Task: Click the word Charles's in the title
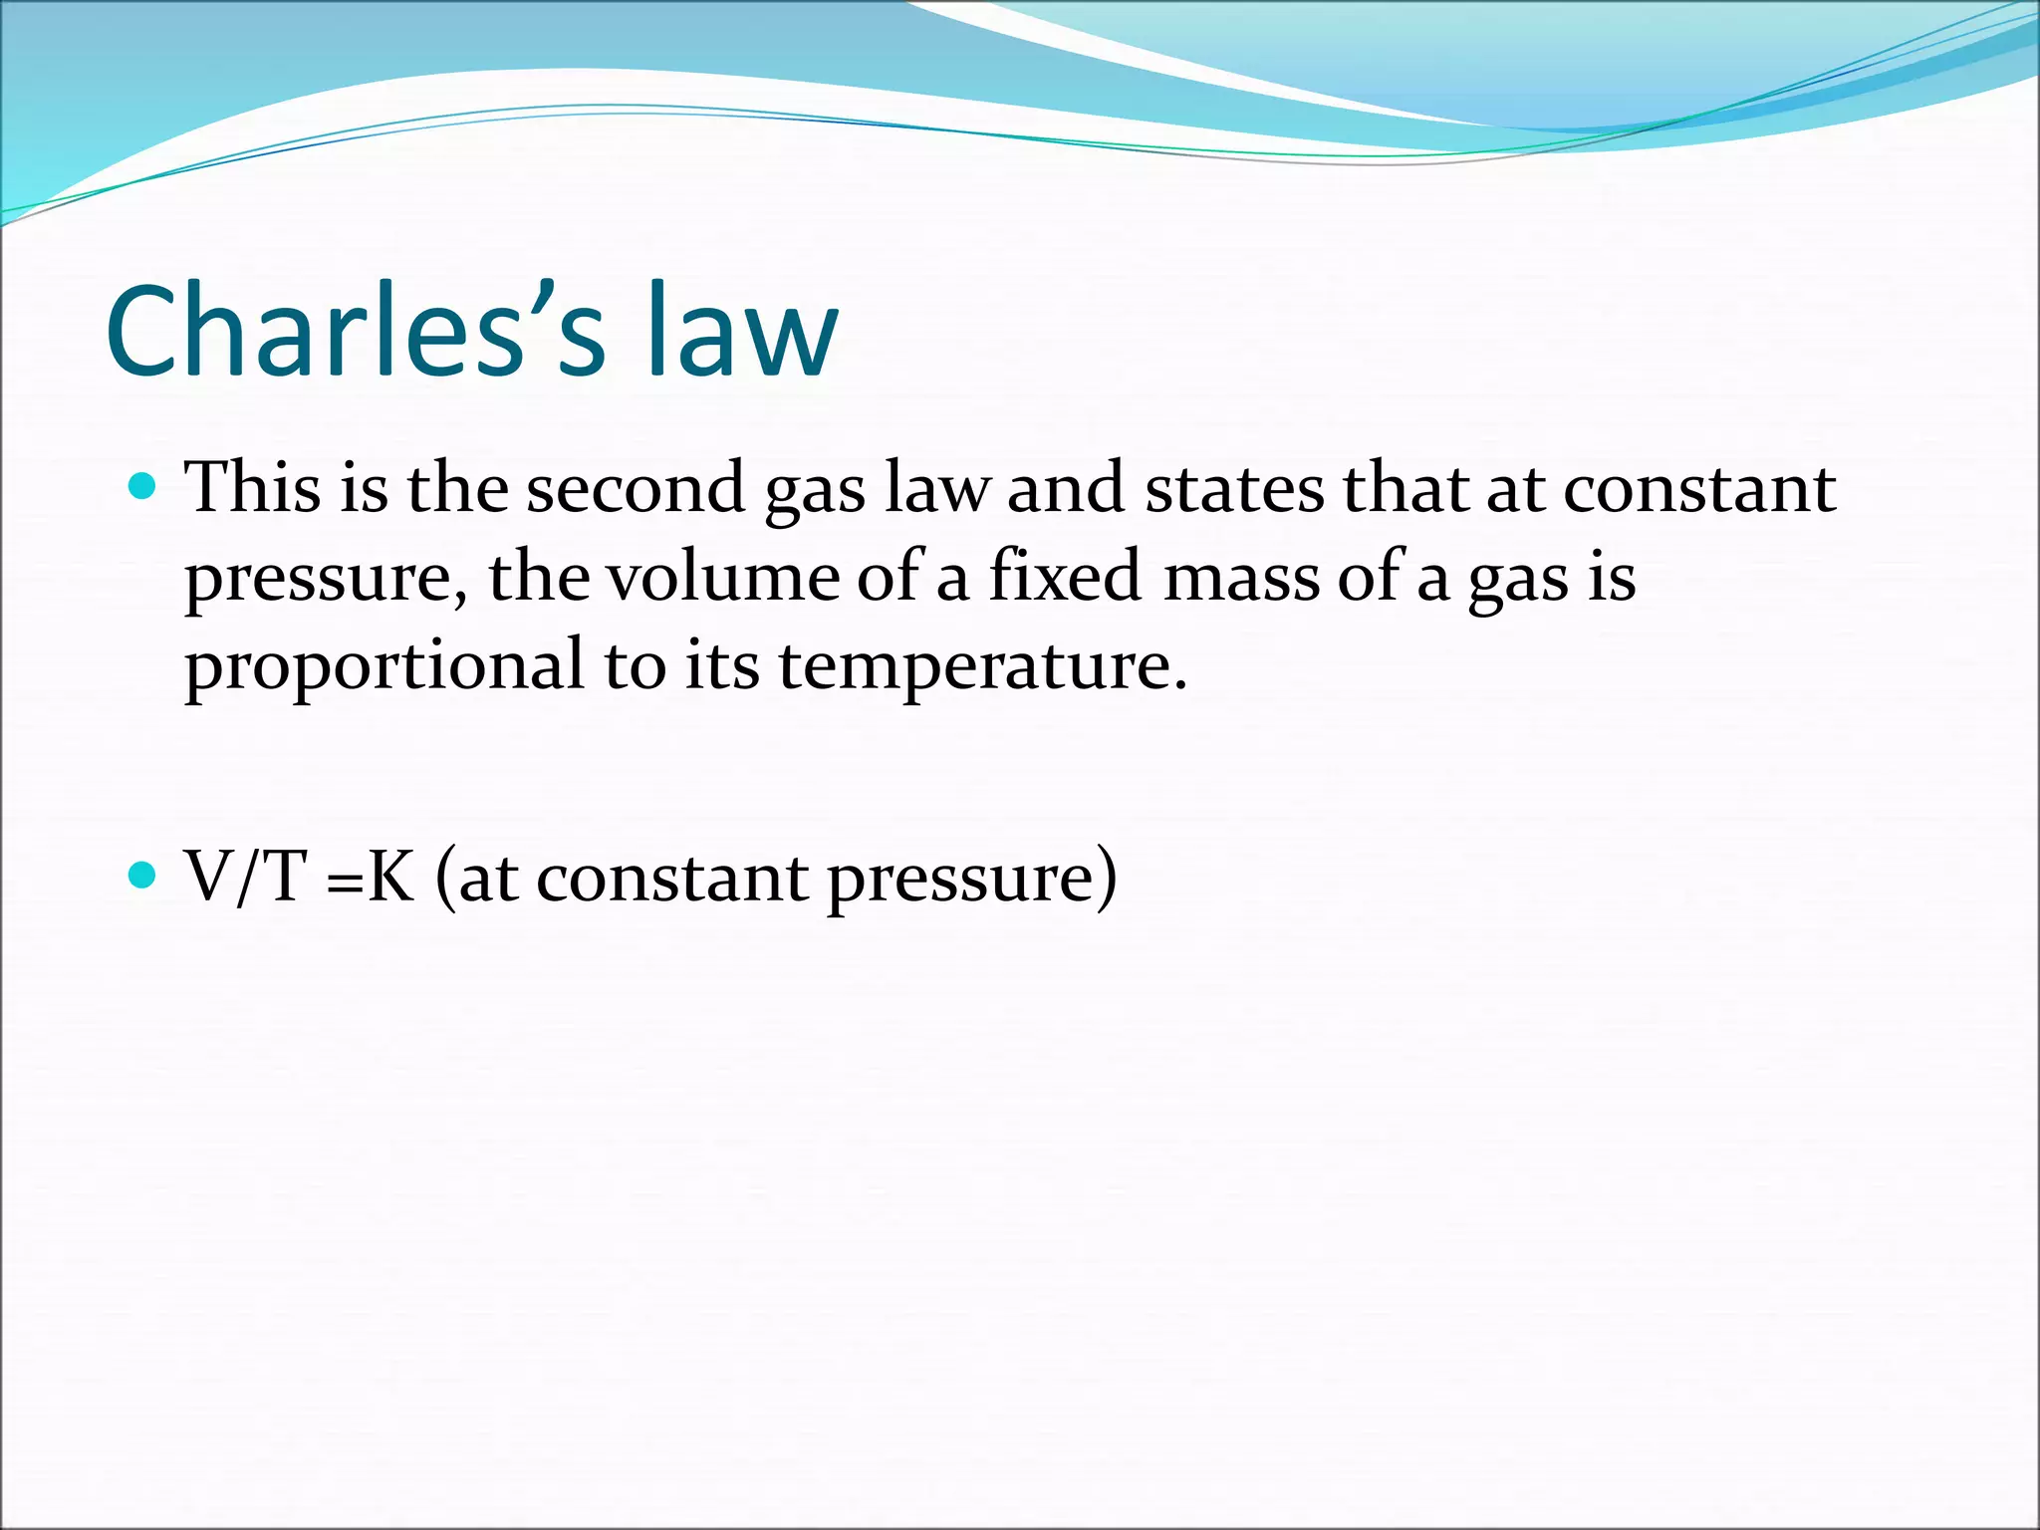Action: [x=355, y=331]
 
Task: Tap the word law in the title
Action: [x=741, y=331]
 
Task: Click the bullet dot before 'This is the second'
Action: [x=143, y=487]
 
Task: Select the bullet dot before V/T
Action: [x=143, y=876]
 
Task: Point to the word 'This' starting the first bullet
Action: [x=253, y=488]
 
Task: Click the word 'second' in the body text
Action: [x=636, y=488]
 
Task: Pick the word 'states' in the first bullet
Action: [x=1234, y=488]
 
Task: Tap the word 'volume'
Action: [x=723, y=578]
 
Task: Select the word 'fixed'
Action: [x=1064, y=578]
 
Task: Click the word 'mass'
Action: [x=1240, y=578]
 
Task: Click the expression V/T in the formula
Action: [x=245, y=878]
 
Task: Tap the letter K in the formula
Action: [x=390, y=878]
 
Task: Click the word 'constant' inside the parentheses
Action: [x=672, y=878]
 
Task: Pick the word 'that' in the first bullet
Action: [x=1404, y=488]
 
